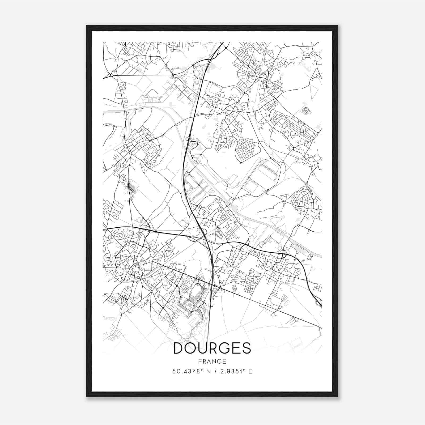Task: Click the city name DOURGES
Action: [212, 348]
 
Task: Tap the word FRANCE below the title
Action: [212, 361]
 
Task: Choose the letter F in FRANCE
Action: [200, 361]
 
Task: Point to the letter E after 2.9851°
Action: [250, 371]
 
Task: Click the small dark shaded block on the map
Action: [131, 187]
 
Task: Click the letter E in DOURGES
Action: [235, 348]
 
